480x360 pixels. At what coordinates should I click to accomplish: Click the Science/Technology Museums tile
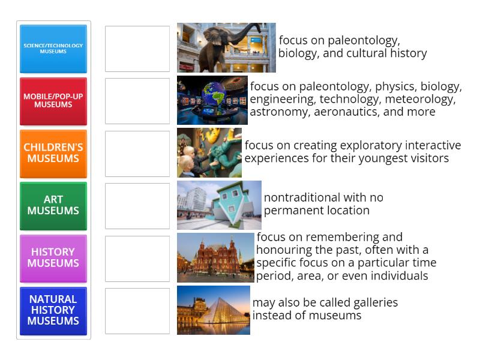point(53,49)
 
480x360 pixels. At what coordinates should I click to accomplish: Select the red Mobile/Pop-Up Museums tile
point(53,101)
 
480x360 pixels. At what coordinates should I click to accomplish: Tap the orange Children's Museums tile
point(53,153)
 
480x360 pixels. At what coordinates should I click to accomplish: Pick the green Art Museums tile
point(53,205)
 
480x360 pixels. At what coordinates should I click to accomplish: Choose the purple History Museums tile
point(53,258)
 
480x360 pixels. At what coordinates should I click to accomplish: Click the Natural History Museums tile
point(53,310)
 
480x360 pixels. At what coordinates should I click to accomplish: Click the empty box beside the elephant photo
point(137,49)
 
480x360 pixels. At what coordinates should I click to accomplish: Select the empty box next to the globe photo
point(137,101)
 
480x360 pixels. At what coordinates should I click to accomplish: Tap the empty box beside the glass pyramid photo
point(137,311)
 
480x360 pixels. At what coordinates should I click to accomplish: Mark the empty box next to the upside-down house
point(137,206)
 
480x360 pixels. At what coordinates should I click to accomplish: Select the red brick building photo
point(215,257)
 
